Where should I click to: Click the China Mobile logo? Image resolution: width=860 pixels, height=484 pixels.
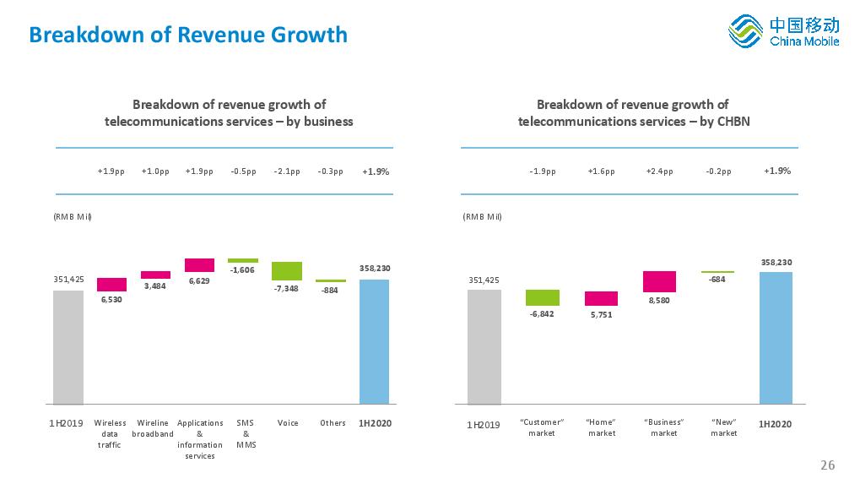783,32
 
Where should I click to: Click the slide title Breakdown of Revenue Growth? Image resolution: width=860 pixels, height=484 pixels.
187,35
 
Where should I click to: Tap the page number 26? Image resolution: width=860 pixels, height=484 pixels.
827,465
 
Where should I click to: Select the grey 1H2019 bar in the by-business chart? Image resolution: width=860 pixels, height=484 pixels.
68,347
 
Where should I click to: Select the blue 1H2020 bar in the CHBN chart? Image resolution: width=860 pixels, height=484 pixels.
776,338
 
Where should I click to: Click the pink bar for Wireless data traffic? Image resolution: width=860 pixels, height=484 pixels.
111,285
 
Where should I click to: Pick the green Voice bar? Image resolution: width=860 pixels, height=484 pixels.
287,270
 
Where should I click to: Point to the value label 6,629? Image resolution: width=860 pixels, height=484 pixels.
198,280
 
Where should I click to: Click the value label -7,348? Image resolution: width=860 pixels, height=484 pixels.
286,288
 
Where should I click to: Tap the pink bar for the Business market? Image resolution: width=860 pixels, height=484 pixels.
659,281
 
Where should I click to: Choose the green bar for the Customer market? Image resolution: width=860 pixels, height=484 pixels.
543,297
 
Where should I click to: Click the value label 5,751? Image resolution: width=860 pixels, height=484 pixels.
600,314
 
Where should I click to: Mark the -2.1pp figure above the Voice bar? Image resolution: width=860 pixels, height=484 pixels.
287,171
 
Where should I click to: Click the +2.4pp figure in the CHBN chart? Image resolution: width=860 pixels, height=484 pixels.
659,171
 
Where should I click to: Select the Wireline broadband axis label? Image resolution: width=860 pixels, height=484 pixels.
153,428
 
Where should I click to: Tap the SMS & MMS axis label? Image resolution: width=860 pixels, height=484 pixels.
245,433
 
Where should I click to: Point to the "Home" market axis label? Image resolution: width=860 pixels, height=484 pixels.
601,427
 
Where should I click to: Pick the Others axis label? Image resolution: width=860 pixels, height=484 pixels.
333,422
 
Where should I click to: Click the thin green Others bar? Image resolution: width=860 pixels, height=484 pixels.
331,280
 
